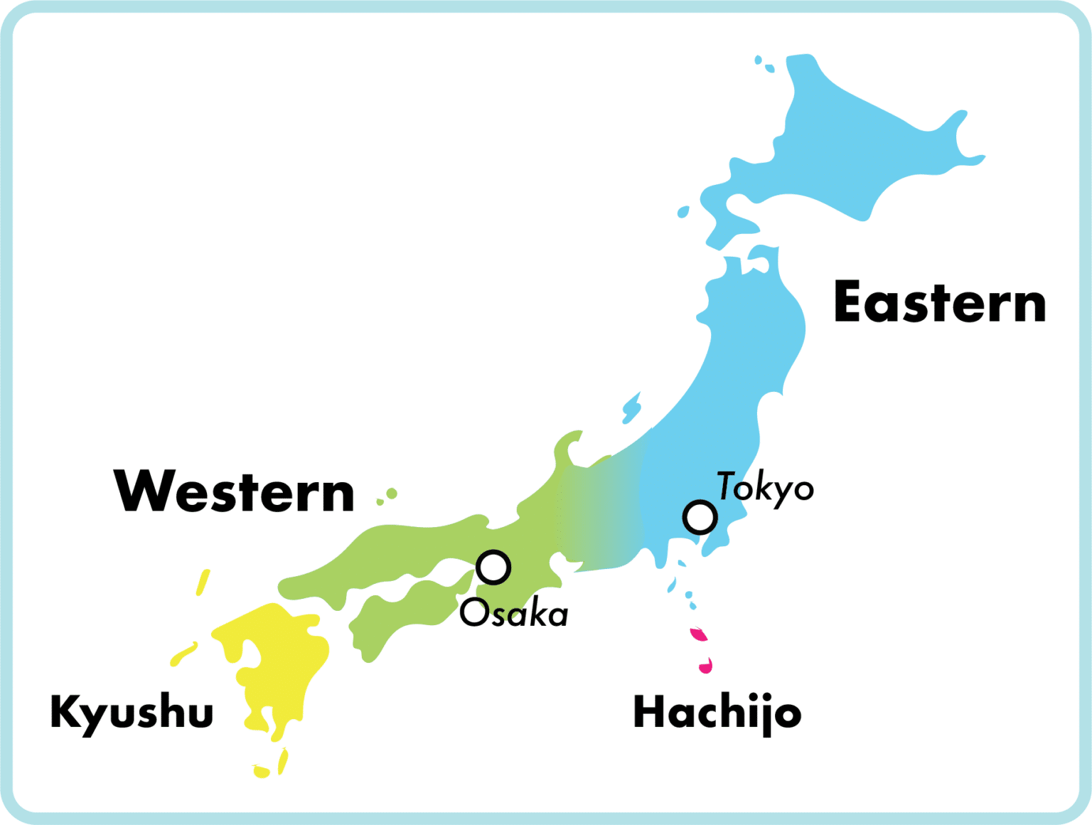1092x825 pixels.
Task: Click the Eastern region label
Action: (939, 303)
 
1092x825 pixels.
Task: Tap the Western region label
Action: (234, 491)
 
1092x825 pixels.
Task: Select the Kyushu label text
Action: (132, 712)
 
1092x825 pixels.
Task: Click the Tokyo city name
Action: (765, 488)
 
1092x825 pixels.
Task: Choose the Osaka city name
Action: (514, 614)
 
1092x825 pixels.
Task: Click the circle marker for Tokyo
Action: (700, 517)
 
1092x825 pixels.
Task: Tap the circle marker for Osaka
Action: (493, 568)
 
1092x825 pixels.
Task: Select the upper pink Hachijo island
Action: (700, 634)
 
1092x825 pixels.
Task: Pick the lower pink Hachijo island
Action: (706, 666)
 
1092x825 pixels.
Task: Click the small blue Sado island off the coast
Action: (631, 408)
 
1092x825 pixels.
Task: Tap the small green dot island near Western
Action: (391, 494)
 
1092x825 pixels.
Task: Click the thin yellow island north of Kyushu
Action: (203, 582)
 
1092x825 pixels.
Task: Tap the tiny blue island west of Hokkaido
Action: (682, 212)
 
